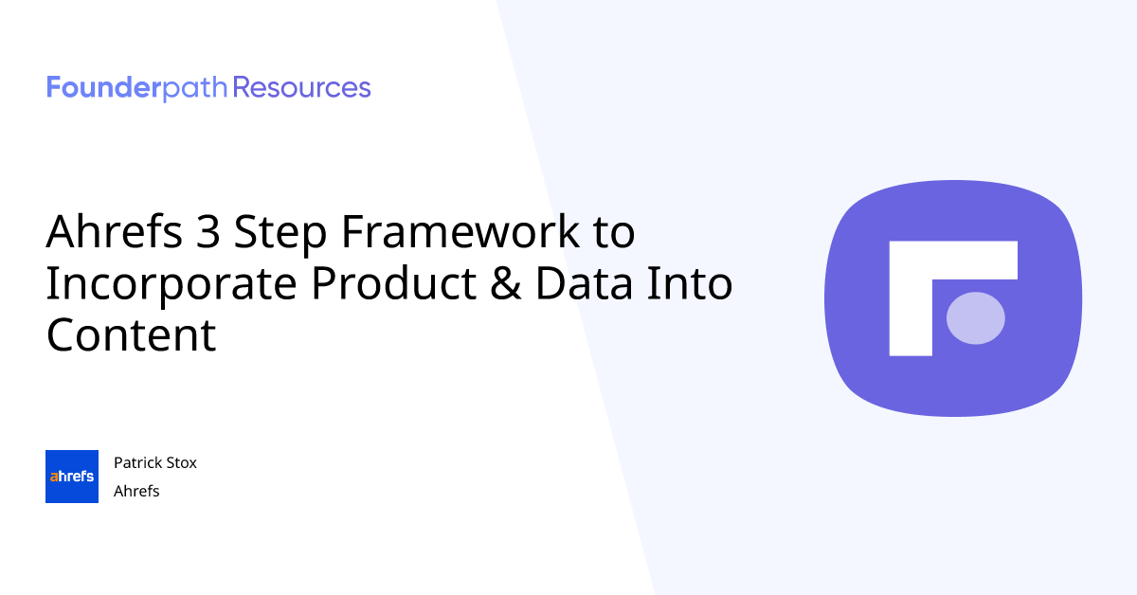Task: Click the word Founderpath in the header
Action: (x=137, y=88)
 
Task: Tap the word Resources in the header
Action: (x=301, y=88)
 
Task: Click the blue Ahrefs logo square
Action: (x=72, y=477)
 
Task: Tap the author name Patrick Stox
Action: (x=154, y=462)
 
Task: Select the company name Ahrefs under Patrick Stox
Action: (x=136, y=491)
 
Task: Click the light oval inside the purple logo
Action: (x=975, y=317)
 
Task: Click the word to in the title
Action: (x=612, y=233)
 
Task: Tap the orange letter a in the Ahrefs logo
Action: (x=53, y=477)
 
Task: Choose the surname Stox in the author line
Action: (x=180, y=462)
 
